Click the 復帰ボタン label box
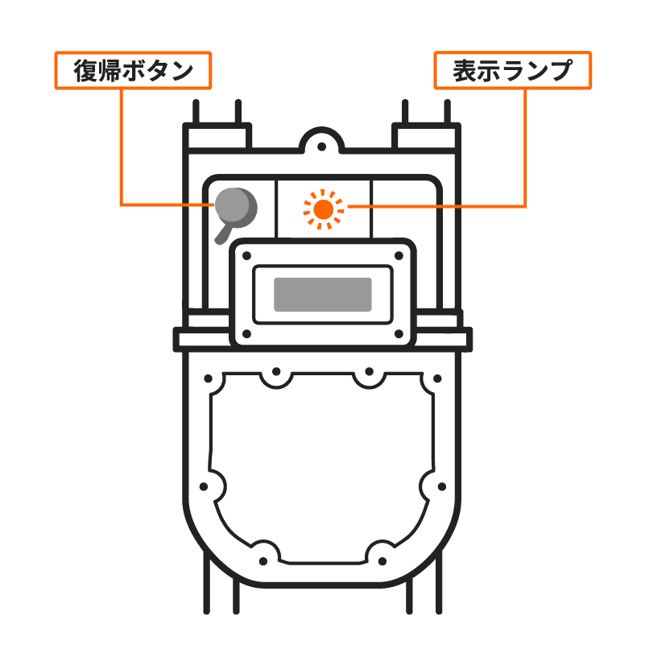(x=134, y=71)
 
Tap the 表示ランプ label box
(x=512, y=71)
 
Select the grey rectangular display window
(x=323, y=295)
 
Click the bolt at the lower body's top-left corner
(x=211, y=378)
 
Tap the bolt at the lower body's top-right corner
(x=436, y=378)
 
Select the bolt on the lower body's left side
(x=204, y=486)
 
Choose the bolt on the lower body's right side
(x=442, y=486)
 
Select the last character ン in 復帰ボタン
(x=182, y=71)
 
